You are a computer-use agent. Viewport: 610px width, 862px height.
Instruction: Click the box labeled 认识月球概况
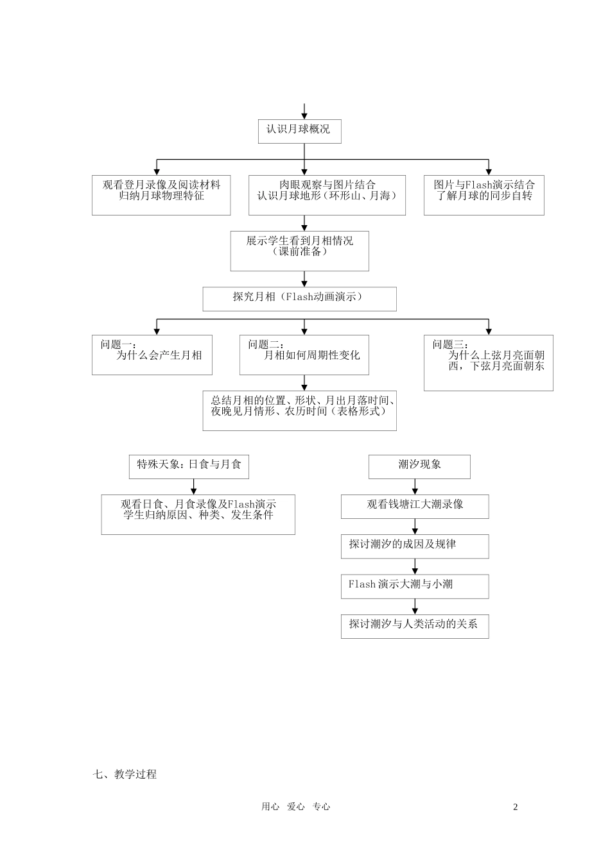click(x=299, y=131)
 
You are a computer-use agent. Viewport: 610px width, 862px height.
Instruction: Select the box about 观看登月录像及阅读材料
click(x=161, y=195)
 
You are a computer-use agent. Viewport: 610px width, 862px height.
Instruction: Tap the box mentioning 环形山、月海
click(x=327, y=195)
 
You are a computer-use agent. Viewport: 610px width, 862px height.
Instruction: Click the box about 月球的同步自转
click(x=484, y=195)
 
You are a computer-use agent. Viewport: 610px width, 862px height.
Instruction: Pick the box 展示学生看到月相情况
click(x=299, y=251)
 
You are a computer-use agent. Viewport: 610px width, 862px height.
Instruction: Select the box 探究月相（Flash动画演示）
click(x=299, y=299)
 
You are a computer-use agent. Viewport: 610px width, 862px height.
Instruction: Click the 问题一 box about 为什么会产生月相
click(x=152, y=355)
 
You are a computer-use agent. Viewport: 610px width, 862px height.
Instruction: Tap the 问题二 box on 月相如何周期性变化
click(x=304, y=355)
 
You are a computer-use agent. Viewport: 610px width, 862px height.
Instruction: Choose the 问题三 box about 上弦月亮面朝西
click(x=488, y=362)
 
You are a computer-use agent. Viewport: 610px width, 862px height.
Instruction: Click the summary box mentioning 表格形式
click(x=299, y=410)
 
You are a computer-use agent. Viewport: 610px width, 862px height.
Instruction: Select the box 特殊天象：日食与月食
click(x=189, y=467)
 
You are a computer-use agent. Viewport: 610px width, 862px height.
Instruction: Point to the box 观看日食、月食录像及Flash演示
click(x=198, y=514)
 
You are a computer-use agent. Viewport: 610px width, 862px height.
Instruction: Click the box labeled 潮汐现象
click(x=419, y=467)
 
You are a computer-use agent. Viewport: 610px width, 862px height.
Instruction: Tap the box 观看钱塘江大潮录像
click(x=415, y=507)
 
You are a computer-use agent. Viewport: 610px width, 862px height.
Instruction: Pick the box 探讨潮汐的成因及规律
click(x=415, y=546)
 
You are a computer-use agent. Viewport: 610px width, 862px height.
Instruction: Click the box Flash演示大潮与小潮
click(x=415, y=586)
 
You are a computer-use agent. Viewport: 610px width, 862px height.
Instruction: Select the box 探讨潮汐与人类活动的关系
click(x=415, y=626)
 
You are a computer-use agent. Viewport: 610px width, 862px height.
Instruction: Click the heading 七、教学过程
click(x=125, y=774)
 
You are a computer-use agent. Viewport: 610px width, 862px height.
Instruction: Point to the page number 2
click(x=515, y=807)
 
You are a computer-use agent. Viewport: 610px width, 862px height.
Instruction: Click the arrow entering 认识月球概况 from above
click(x=304, y=112)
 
